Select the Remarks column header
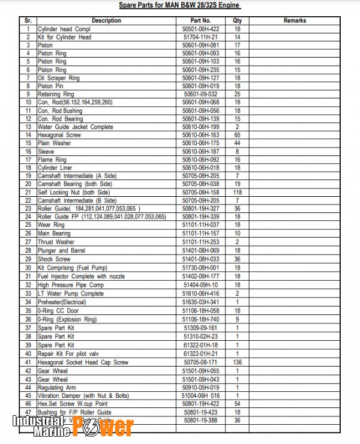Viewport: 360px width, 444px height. tap(295, 20)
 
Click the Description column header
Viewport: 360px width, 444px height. tap(106, 20)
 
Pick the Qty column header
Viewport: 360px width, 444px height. tap(237, 20)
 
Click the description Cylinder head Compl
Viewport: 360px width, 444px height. tap(64, 29)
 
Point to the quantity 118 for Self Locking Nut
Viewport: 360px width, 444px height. tap(237, 193)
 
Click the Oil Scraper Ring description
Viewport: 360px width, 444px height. tap(59, 78)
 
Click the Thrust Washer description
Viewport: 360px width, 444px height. tap(56, 242)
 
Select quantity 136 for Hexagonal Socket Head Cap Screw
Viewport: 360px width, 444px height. tap(237, 362)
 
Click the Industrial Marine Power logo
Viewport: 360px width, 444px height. tap(73, 425)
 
